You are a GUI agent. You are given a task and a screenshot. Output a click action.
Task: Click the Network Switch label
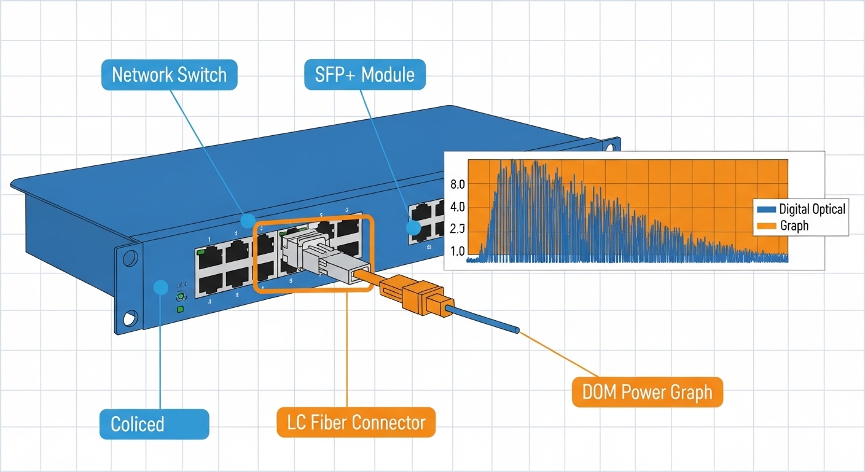click(x=169, y=75)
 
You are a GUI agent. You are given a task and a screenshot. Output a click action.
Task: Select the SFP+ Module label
click(x=364, y=75)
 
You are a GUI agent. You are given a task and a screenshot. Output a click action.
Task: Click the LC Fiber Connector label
click(x=356, y=422)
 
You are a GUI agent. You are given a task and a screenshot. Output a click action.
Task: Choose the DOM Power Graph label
click(x=647, y=391)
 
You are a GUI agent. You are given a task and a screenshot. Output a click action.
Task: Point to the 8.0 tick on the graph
click(x=458, y=184)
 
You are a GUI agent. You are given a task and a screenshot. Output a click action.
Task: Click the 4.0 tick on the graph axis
click(x=458, y=207)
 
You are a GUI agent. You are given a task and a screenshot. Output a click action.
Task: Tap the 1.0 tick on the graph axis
click(x=458, y=251)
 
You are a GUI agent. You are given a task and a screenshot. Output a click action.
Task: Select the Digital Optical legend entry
click(x=802, y=209)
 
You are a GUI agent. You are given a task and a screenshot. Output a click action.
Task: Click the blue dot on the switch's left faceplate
click(x=161, y=286)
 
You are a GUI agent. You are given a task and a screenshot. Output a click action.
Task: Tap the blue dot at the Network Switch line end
click(x=248, y=220)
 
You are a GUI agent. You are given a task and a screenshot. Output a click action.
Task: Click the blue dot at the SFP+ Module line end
click(x=413, y=229)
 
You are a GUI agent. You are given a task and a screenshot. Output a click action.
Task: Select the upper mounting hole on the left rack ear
click(x=129, y=258)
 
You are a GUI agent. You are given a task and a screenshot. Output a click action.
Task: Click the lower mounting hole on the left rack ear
click(x=130, y=318)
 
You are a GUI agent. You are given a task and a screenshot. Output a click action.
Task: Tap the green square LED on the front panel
click(x=181, y=309)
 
